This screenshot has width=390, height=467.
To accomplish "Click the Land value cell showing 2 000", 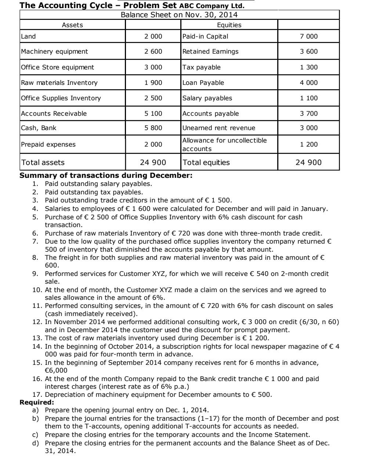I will [x=153, y=36].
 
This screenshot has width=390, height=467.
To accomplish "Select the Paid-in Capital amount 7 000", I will [x=308, y=36].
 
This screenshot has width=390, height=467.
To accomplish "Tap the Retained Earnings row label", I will [x=210, y=51].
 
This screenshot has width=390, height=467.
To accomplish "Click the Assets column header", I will [x=72, y=25].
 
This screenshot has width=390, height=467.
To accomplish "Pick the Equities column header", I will [x=229, y=25].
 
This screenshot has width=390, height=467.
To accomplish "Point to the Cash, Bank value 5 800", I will [x=153, y=128].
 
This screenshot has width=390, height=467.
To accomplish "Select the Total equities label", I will [x=206, y=162].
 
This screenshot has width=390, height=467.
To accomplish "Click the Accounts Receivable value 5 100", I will [x=153, y=114].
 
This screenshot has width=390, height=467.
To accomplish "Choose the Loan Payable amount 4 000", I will [x=308, y=83].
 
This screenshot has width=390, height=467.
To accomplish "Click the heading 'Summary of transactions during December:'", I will [x=106, y=176].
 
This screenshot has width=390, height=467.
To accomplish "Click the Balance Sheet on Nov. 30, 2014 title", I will [x=179, y=15].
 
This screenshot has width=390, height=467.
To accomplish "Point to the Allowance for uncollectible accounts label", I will [x=225, y=144].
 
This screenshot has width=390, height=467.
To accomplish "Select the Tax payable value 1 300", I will [x=308, y=67].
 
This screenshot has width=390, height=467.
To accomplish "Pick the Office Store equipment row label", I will [x=58, y=67].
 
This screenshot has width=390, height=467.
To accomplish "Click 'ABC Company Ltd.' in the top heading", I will [x=212, y=6].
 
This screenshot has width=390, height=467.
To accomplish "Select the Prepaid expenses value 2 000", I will [x=153, y=144].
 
